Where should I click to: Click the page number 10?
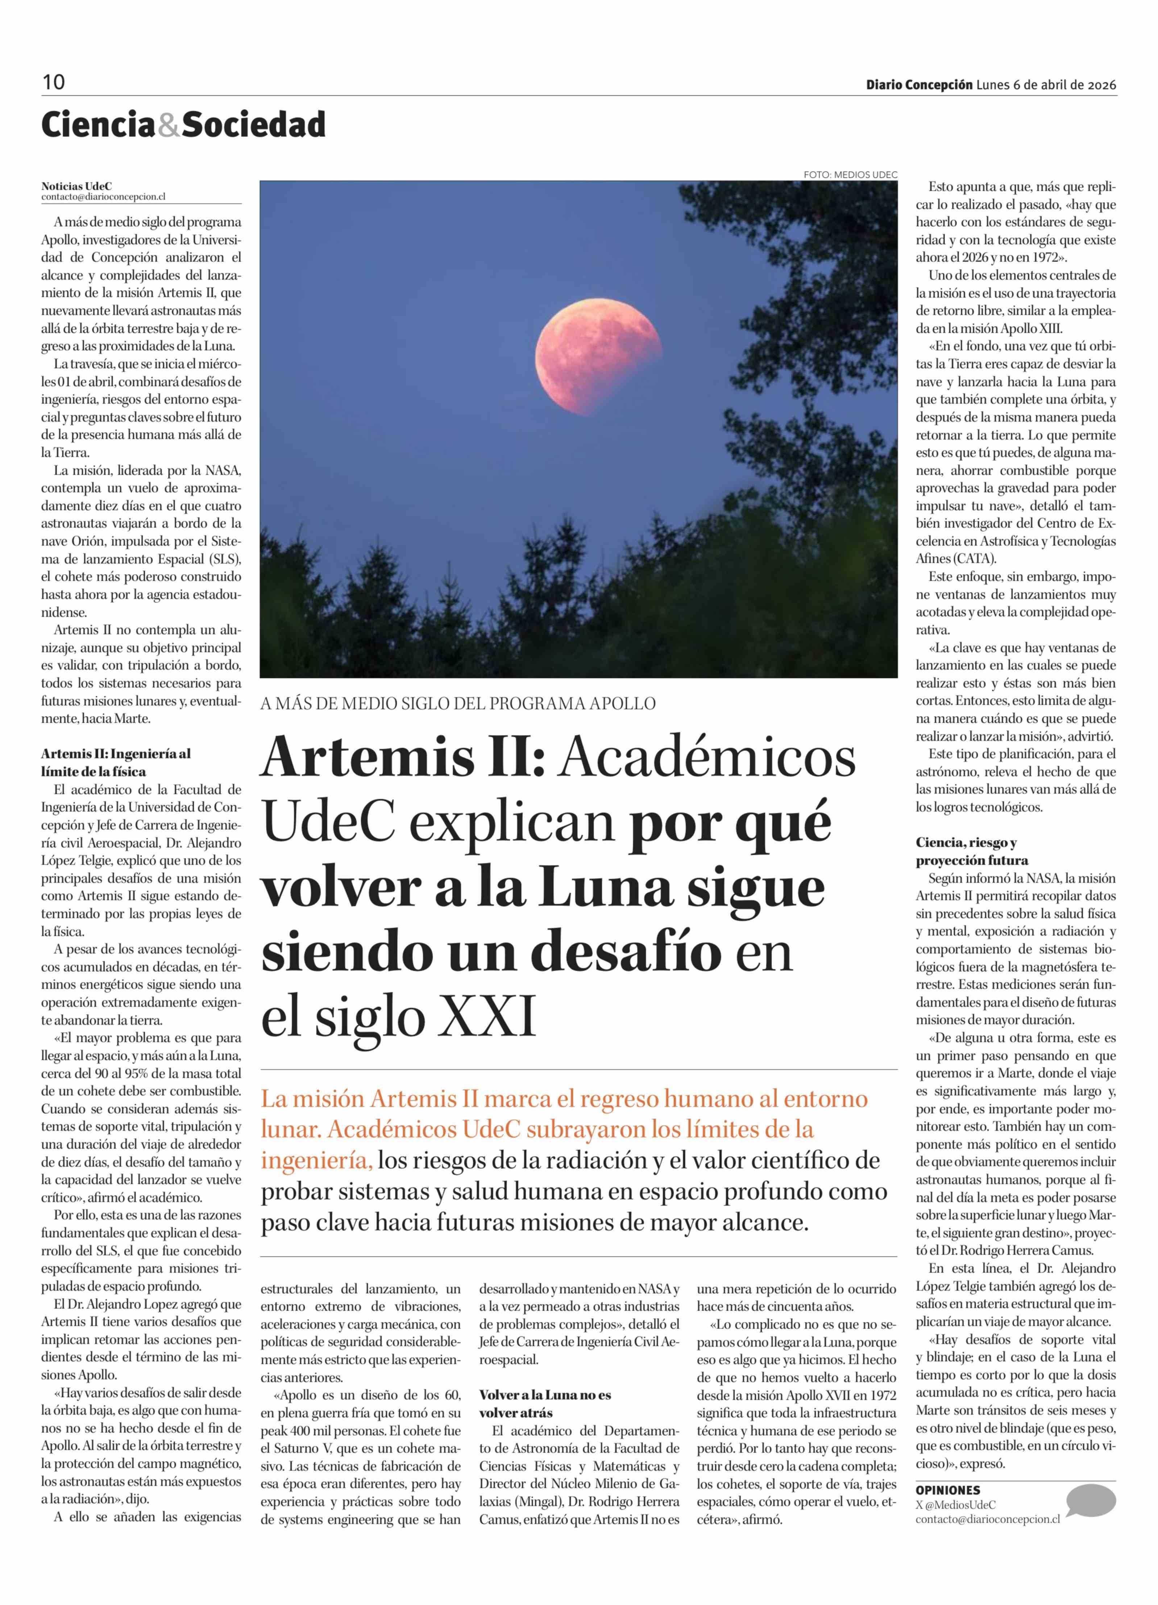(53, 82)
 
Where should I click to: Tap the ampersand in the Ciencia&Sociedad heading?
(168, 125)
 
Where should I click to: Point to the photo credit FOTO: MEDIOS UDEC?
(850, 174)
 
